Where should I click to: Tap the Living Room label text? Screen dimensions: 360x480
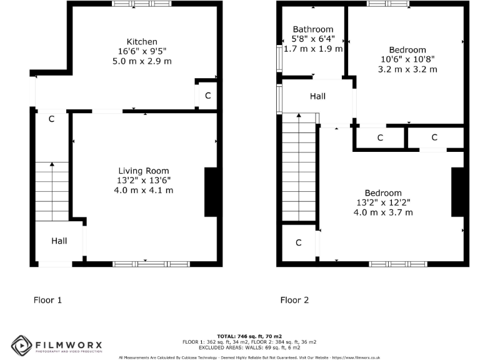click(x=144, y=171)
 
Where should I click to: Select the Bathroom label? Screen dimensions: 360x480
click(x=313, y=29)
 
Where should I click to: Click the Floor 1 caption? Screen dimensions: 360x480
click(x=47, y=300)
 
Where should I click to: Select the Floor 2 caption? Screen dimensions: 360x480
click(x=294, y=300)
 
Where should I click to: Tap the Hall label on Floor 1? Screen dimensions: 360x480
click(x=59, y=241)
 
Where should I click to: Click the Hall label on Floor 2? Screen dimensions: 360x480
click(x=318, y=97)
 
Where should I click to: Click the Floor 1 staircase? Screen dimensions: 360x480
click(x=52, y=191)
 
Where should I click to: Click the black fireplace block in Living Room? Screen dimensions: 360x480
click(x=211, y=192)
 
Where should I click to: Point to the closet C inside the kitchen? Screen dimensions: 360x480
click(x=207, y=96)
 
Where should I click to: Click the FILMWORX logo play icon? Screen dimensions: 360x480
click(x=21, y=344)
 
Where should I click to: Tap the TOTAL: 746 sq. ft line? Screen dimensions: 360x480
click(x=249, y=336)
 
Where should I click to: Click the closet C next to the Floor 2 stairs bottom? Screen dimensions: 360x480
click(x=299, y=242)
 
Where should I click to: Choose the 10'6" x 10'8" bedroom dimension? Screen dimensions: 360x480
click(x=407, y=59)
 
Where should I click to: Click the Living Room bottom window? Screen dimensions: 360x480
click(x=152, y=264)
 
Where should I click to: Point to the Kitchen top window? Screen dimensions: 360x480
click(x=142, y=4)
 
